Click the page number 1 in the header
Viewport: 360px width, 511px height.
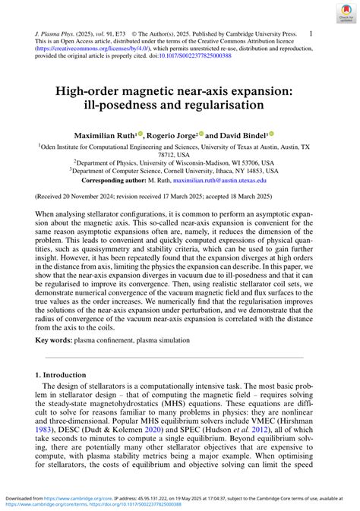[311, 34]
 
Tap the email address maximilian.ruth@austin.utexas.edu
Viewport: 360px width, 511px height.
[219, 181]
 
